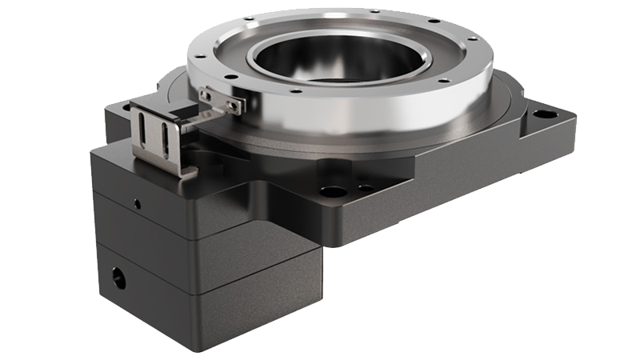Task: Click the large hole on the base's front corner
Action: [x=329, y=193]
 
